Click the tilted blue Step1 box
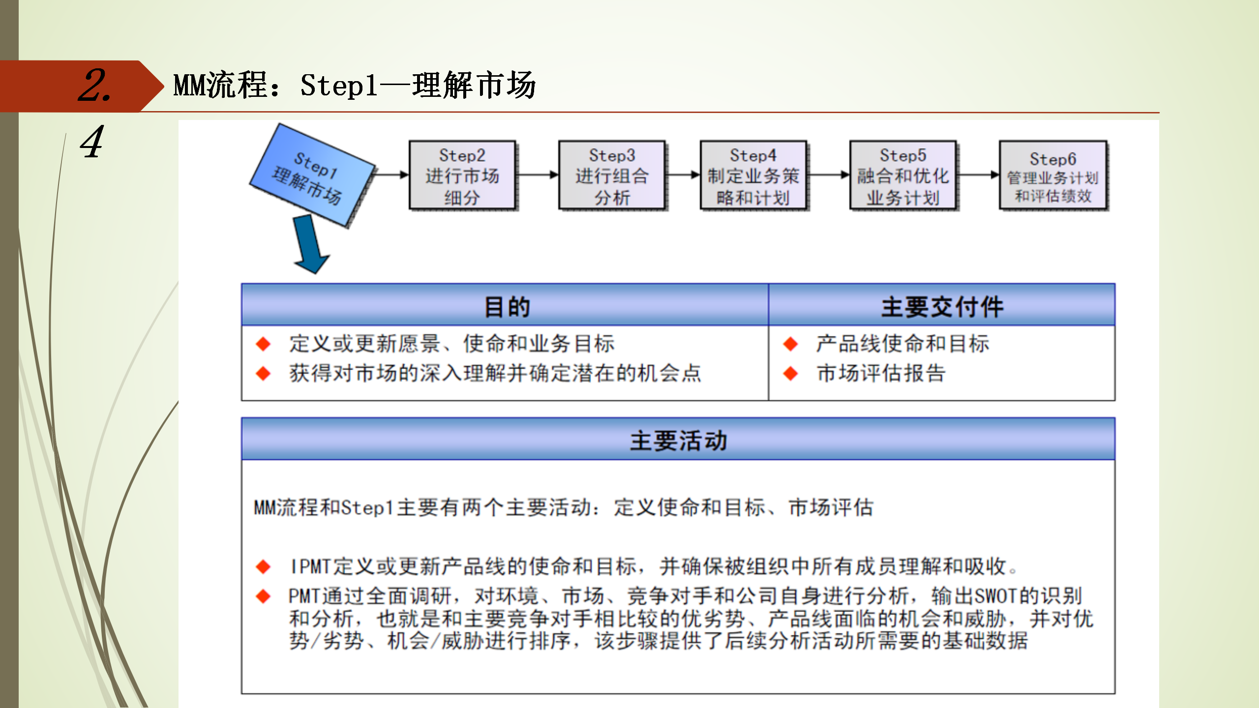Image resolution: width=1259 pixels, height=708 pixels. tap(313, 176)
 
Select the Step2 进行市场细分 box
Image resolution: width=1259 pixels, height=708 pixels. tap(462, 176)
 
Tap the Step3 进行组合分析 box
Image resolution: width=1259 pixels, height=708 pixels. tap(612, 176)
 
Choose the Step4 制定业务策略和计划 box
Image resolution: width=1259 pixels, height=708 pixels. tap(753, 176)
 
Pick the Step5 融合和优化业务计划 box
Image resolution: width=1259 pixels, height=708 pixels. tap(903, 176)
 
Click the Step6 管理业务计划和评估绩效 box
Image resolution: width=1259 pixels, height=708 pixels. tap(1053, 176)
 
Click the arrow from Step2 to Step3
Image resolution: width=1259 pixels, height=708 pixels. tap(537, 175)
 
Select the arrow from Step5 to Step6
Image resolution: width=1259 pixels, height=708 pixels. tap(978, 175)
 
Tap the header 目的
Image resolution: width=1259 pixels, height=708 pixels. tap(507, 307)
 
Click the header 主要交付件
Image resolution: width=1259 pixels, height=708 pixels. tap(942, 307)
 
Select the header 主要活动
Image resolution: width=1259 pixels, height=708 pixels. tap(678, 441)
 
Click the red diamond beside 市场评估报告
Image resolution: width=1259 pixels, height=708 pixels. tap(790, 374)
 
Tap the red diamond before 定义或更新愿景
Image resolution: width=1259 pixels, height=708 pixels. tap(263, 344)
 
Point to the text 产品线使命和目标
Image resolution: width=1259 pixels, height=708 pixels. tap(902, 344)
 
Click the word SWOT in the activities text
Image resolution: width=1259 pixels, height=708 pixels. tap(994, 596)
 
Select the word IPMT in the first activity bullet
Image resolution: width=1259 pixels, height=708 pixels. tap(310, 566)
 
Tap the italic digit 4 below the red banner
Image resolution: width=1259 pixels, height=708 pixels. tap(92, 142)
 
